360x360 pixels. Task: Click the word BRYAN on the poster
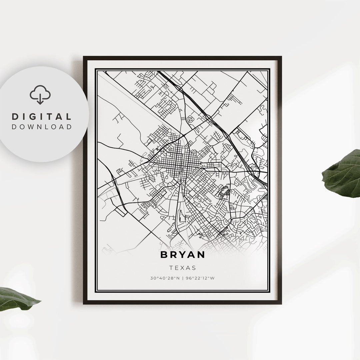182,255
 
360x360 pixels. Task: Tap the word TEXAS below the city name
182,268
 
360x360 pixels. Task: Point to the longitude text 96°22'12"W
201,278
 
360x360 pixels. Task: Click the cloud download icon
40,95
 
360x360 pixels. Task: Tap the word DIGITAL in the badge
42,117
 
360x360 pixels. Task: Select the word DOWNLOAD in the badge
42,127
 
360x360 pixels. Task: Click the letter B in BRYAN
164,255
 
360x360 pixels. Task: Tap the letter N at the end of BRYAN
201,255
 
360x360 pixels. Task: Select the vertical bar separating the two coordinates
182,278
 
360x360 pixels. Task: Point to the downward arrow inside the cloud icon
40,99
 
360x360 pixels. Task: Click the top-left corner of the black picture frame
84,57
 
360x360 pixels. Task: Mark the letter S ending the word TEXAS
194,268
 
